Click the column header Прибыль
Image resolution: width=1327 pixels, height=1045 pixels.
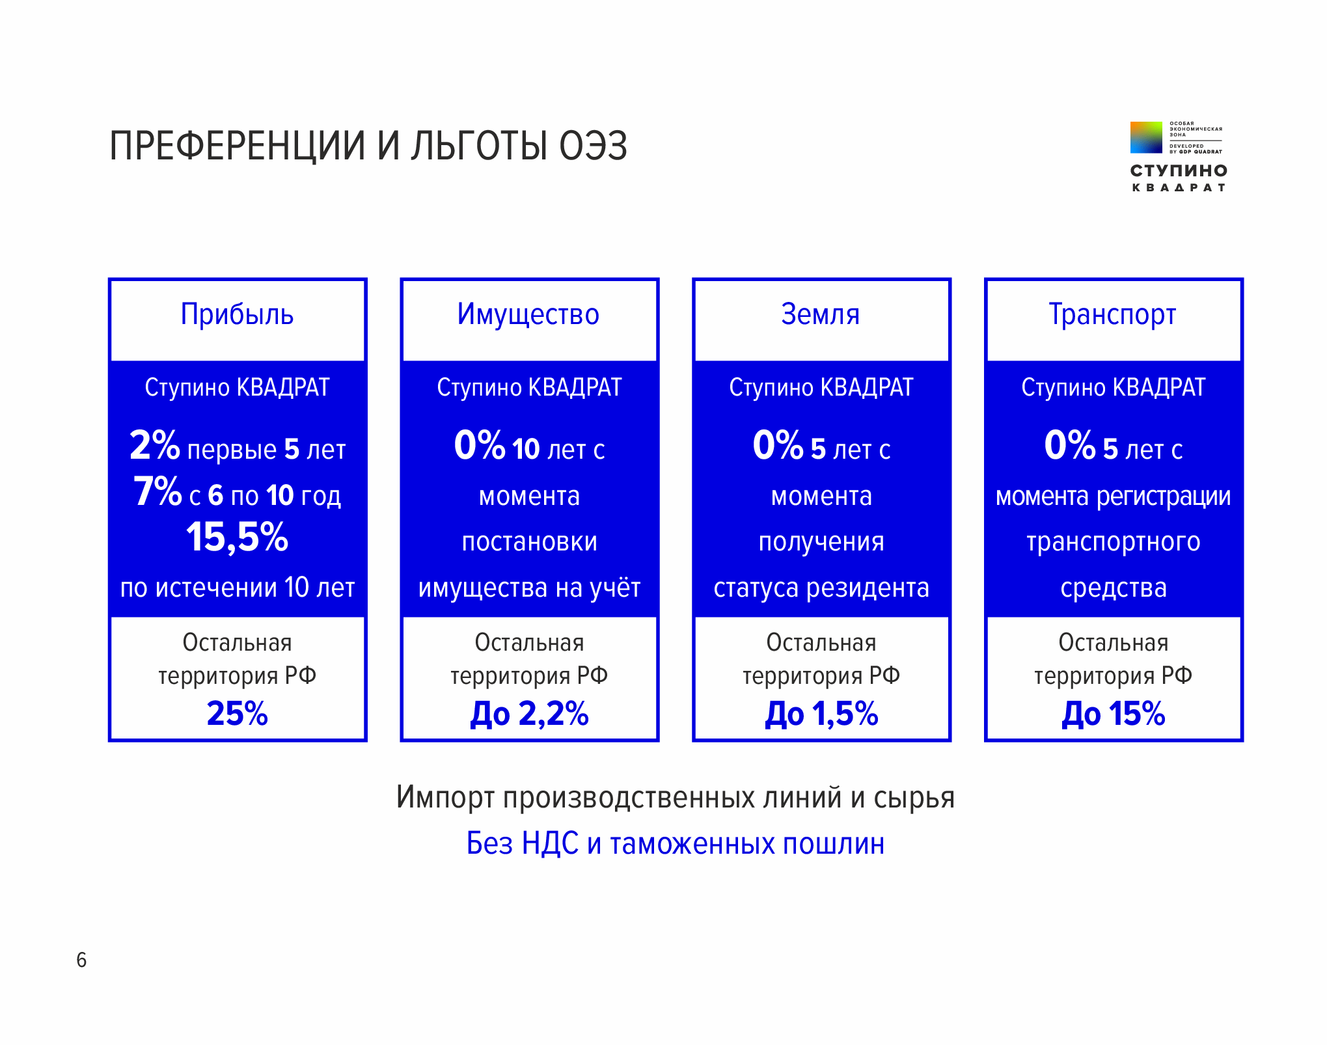(x=237, y=315)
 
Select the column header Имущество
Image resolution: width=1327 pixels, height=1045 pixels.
(x=528, y=315)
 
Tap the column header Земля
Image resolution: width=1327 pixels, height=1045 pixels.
(x=820, y=315)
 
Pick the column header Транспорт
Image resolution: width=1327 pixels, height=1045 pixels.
(x=1112, y=315)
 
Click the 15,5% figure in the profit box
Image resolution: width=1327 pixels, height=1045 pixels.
(x=237, y=537)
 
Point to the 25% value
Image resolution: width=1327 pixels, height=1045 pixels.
(x=237, y=714)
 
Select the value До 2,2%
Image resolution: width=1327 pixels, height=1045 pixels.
(x=529, y=714)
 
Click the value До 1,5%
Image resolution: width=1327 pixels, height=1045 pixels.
(x=821, y=714)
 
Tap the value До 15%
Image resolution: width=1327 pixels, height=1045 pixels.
(x=1113, y=714)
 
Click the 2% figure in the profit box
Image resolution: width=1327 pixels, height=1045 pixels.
(x=154, y=446)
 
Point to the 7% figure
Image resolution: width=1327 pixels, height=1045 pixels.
(x=157, y=492)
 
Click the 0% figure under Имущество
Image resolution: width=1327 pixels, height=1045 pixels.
(x=479, y=446)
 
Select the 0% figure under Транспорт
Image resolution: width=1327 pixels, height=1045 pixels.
(x=1069, y=446)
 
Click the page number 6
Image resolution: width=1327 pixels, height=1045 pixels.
(x=81, y=960)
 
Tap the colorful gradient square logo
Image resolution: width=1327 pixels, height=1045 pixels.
(x=1145, y=137)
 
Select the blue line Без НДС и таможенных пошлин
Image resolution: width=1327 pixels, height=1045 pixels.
(x=676, y=844)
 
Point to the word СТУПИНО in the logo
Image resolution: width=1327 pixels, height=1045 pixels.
(x=1179, y=171)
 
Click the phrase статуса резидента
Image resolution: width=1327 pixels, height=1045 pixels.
(x=821, y=588)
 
